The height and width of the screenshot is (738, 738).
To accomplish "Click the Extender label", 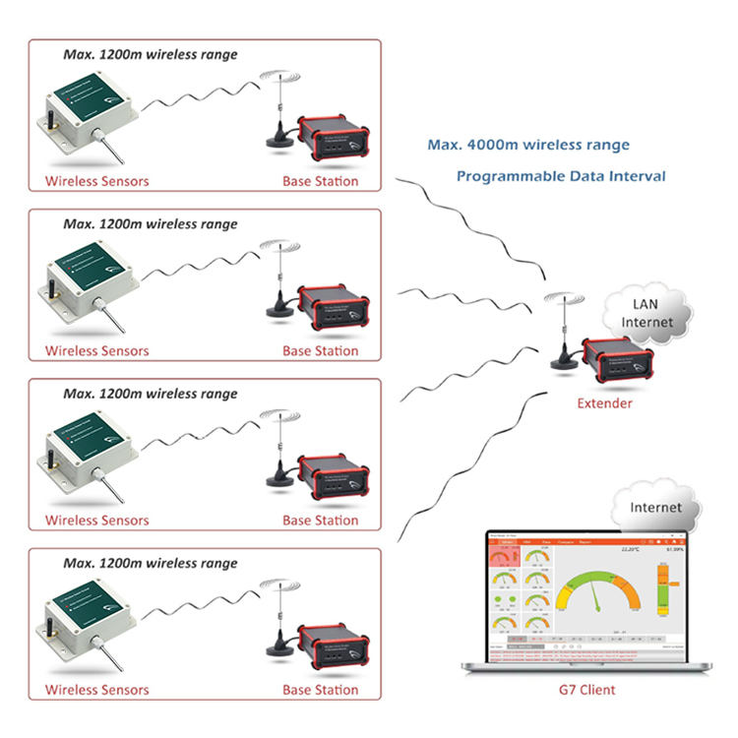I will click(604, 403).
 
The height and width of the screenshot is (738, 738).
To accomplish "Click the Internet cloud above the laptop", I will click(655, 508).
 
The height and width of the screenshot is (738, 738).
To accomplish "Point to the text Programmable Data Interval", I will click(561, 176).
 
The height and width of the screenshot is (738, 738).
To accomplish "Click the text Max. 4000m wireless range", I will click(528, 145).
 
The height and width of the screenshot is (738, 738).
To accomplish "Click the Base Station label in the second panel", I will click(321, 350).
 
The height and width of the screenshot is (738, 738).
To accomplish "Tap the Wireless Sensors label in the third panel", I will click(96, 521).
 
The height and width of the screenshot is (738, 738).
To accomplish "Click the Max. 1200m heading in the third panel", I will click(150, 394).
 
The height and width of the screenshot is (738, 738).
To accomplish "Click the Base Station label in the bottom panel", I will click(321, 690).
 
